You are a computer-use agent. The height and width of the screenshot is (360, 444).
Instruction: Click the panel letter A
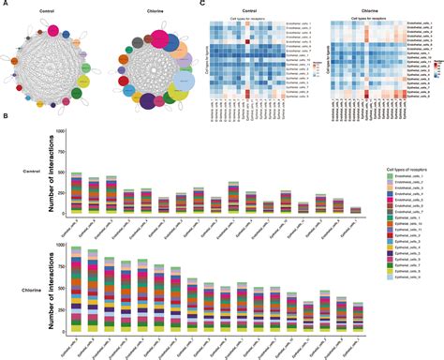coord(5,5)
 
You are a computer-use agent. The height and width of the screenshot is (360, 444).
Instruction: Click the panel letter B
coord(5,117)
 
